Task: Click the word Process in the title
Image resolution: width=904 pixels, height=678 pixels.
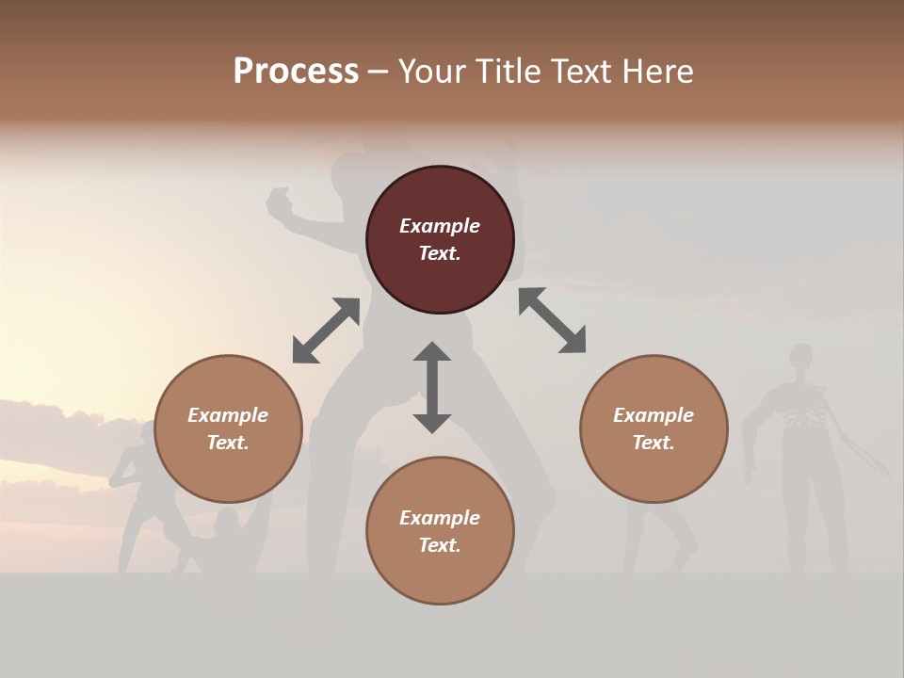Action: [x=296, y=72]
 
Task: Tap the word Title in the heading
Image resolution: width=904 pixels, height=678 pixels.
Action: [x=508, y=72]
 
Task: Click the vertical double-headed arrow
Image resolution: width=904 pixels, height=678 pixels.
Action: [x=432, y=387]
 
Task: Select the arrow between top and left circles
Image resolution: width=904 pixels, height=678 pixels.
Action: [x=326, y=331]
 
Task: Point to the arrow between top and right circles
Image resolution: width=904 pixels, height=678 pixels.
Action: [x=552, y=320]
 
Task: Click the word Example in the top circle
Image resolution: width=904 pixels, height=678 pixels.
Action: [x=440, y=226]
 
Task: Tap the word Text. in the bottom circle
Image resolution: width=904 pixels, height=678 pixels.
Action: [x=440, y=545]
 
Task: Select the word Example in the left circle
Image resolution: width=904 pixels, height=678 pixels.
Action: [x=228, y=415]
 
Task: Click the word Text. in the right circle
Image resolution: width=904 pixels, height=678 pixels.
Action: [x=654, y=443]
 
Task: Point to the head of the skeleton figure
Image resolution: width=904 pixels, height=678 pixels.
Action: [x=800, y=356]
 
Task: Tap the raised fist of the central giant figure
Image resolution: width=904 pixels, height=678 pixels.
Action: [x=279, y=201]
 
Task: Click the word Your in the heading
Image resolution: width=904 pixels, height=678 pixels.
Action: [x=432, y=72]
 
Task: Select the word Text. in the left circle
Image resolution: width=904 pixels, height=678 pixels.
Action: [x=228, y=443]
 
